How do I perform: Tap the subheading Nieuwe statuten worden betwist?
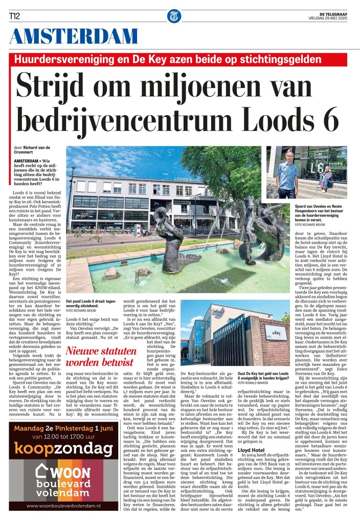[101, 356]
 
